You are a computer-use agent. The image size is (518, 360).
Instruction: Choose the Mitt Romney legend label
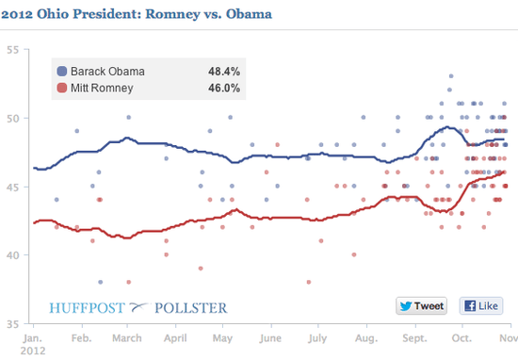click(105, 89)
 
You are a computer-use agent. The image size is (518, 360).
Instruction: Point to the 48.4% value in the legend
click(223, 72)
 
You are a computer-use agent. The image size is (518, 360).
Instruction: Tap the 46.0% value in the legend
click(223, 89)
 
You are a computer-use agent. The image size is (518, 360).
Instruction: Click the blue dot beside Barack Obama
click(62, 72)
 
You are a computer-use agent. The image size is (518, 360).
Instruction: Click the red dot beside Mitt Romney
click(62, 89)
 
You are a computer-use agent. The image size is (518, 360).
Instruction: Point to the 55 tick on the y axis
click(13, 50)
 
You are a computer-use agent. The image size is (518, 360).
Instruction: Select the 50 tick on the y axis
click(13, 119)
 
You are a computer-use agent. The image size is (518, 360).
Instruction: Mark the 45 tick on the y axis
click(13, 187)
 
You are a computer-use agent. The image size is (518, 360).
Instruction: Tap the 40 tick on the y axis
click(13, 255)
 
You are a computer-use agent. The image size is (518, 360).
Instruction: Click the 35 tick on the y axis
click(13, 323)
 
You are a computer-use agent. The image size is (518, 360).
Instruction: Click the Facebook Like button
click(479, 305)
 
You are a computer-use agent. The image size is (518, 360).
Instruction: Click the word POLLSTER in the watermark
click(192, 307)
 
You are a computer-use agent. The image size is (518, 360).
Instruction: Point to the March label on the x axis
click(128, 336)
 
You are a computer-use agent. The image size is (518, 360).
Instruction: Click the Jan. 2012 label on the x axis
click(32, 342)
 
